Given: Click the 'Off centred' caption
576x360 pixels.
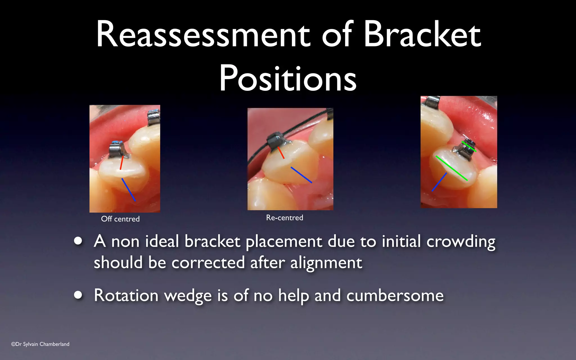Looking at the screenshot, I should tap(120, 219).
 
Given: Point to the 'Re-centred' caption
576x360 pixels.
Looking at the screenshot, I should tap(285, 218).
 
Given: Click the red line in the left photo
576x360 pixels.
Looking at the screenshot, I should tap(121, 163).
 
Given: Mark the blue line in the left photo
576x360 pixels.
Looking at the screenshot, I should tap(129, 190).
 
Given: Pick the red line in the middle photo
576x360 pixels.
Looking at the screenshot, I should tap(281, 153).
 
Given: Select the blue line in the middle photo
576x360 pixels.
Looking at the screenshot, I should tap(301, 175).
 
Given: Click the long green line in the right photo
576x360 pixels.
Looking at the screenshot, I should tap(451, 168).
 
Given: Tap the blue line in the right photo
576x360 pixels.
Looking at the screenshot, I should tap(439, 182).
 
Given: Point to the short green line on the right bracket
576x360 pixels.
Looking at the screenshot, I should tap(469, 147).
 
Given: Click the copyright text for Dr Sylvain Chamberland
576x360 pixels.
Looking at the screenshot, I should tap(40, 344).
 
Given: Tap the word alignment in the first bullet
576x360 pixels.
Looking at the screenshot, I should tap(326, 263).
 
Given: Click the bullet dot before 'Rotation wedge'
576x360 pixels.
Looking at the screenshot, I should tap(78, 295).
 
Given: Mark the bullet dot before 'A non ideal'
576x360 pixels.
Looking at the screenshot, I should tap(78, 241).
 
